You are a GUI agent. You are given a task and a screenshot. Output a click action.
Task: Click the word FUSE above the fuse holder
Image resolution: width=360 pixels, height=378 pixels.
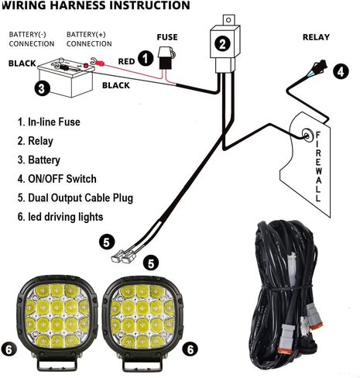pos(166,36)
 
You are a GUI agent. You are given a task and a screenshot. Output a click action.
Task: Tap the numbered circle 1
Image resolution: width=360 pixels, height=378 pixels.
pos(145,57)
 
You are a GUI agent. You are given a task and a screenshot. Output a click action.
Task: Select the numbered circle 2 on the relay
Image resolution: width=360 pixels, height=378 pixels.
pos(222,44)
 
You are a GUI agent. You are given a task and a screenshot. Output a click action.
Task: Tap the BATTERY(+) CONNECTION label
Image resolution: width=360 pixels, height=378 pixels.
pos(89,39)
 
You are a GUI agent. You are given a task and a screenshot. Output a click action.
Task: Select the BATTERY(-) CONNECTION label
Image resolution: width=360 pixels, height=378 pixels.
pos(31,39)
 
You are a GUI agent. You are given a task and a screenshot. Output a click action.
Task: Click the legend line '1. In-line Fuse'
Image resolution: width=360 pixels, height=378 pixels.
pos(49,122)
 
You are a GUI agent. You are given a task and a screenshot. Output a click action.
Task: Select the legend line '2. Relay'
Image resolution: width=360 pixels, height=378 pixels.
pos(36,141)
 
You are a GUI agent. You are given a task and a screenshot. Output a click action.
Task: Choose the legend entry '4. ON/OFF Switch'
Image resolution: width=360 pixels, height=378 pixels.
pos(57,179)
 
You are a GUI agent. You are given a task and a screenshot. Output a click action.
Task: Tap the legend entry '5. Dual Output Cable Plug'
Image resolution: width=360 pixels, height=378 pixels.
pos(75,198)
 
